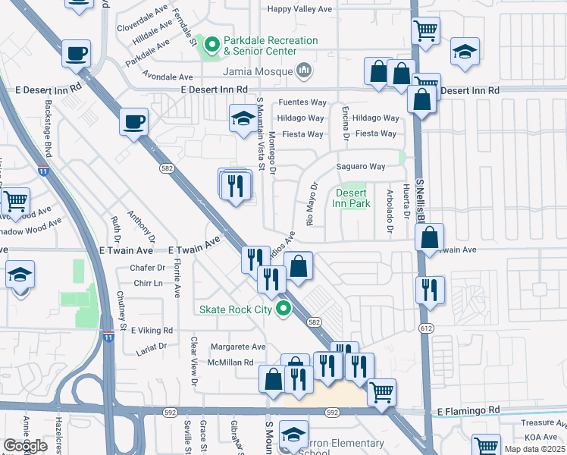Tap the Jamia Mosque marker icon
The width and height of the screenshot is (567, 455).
click(x=304, y=71)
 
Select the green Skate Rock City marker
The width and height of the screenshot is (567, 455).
click(x=283, y=309)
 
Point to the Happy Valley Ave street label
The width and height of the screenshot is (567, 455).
click(x=301, y=10)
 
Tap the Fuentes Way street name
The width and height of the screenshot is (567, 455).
click(x=302, y=102)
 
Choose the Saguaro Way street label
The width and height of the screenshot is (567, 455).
click(x=361, y=166)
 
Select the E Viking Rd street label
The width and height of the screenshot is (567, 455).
click(x=152, y=331)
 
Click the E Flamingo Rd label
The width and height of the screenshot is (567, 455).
click(x=469, y=410)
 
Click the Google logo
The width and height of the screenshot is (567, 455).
click(x=25, y=446)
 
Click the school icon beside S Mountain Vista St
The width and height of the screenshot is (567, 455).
click(x=243, y=119)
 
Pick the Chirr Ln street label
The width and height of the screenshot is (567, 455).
click(x=148, y=283)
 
